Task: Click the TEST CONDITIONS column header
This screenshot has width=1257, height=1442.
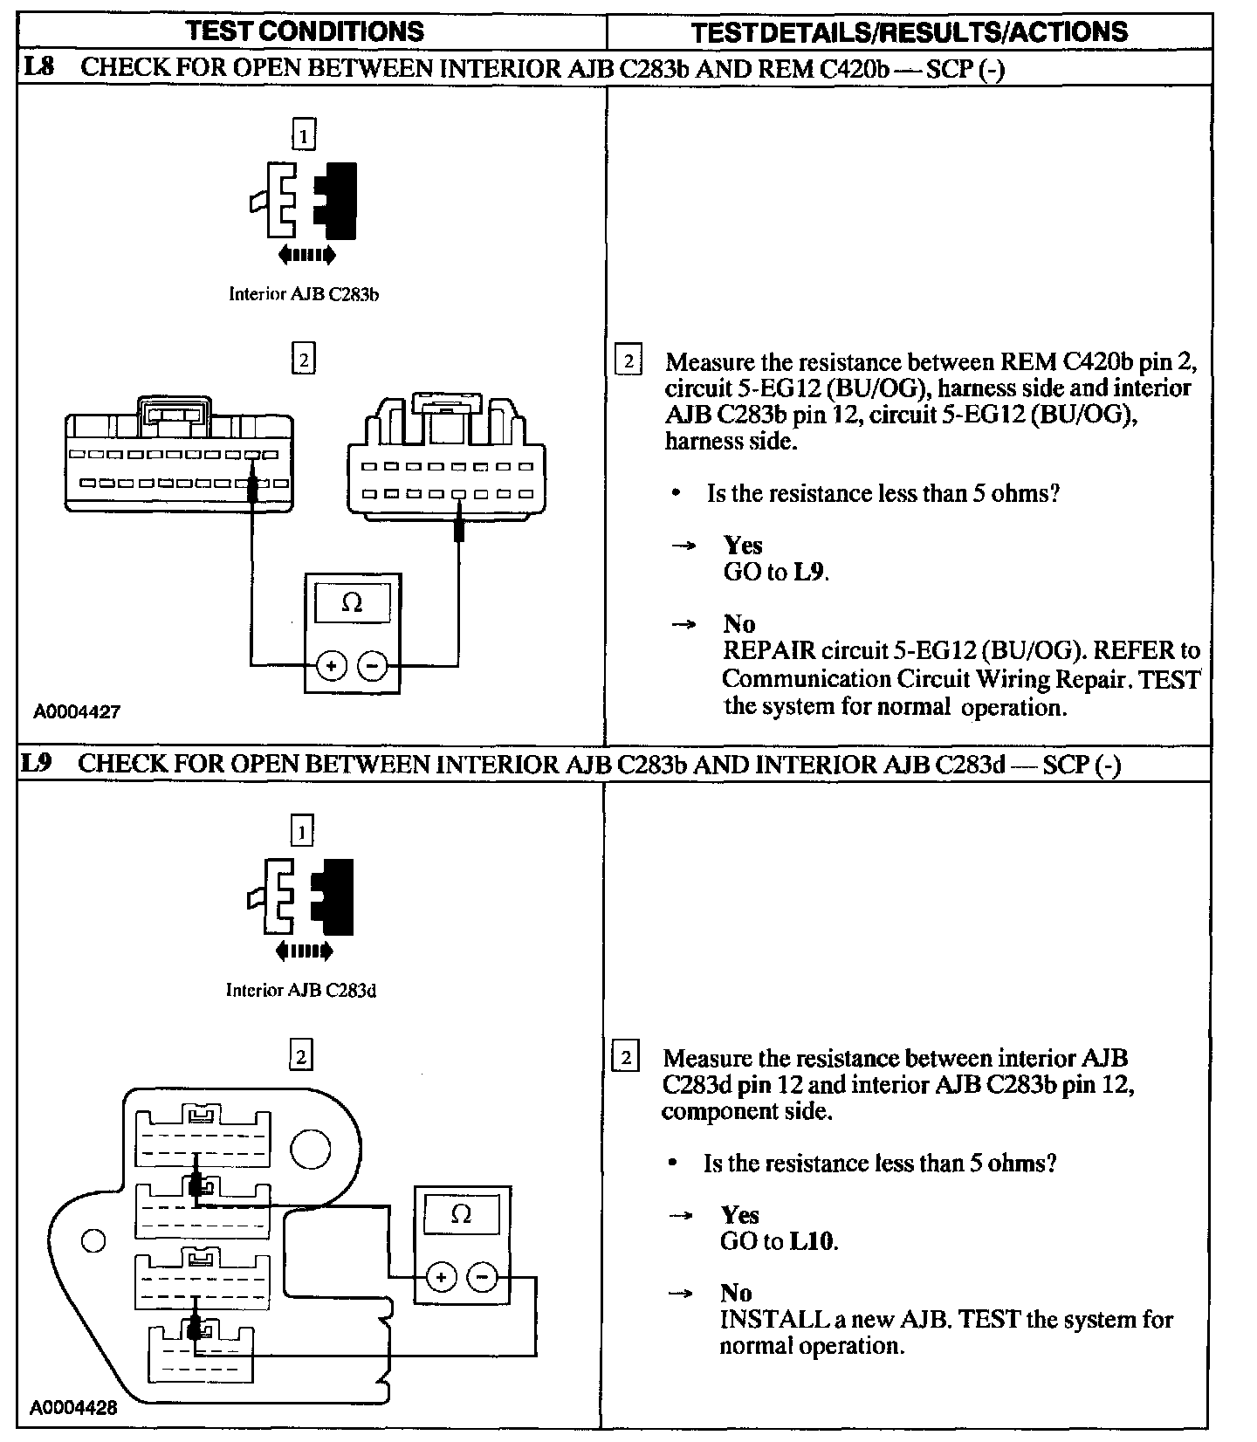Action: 305,31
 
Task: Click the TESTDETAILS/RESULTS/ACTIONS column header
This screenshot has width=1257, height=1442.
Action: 909,32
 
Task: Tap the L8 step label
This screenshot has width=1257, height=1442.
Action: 38,67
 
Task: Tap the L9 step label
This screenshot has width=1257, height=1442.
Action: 36,763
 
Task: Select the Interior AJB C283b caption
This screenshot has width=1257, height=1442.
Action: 303,294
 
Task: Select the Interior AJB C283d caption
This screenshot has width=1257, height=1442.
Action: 300,990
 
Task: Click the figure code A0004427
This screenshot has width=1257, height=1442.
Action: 77,711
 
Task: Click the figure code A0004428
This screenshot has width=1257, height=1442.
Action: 73,1407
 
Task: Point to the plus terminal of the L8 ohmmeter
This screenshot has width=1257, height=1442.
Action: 332,666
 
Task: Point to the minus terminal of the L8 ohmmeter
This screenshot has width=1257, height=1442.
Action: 373,666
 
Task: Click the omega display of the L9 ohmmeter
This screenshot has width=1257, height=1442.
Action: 461,1214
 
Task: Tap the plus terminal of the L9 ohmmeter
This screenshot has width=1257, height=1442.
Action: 441,1278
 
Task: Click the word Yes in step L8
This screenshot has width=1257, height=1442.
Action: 743,546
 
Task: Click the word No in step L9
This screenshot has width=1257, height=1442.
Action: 736,1293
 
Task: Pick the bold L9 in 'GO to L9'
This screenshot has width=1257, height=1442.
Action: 809,573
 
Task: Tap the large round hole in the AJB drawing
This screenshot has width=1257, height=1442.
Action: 310,1150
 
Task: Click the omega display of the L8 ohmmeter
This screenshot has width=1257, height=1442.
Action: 352,603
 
